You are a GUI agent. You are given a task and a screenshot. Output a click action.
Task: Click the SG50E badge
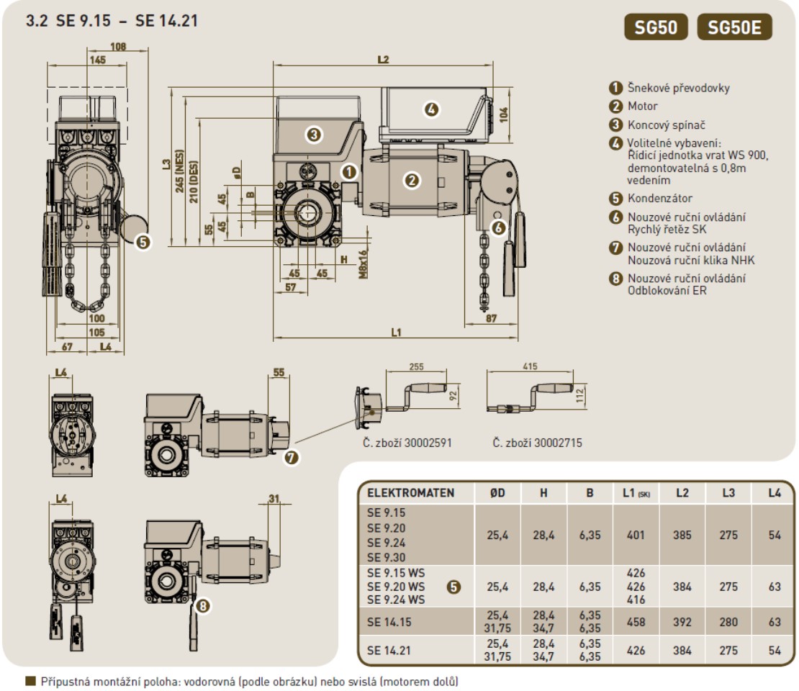pos(734,28)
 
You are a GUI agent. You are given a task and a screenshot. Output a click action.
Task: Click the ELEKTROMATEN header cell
pos(411,494)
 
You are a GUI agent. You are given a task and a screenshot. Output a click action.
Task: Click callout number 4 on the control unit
pos(430,109)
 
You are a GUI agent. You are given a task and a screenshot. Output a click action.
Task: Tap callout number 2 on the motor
pos(412,180)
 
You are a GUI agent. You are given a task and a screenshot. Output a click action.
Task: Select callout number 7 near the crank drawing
pos(292,456)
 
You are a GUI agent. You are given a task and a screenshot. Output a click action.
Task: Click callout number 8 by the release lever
pos(203,606)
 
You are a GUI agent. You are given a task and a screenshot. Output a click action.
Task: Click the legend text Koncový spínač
pos(666,125)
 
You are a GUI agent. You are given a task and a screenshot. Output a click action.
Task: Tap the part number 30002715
pos(537,443)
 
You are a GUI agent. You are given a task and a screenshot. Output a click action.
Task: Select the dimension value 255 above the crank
pos(416,366)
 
